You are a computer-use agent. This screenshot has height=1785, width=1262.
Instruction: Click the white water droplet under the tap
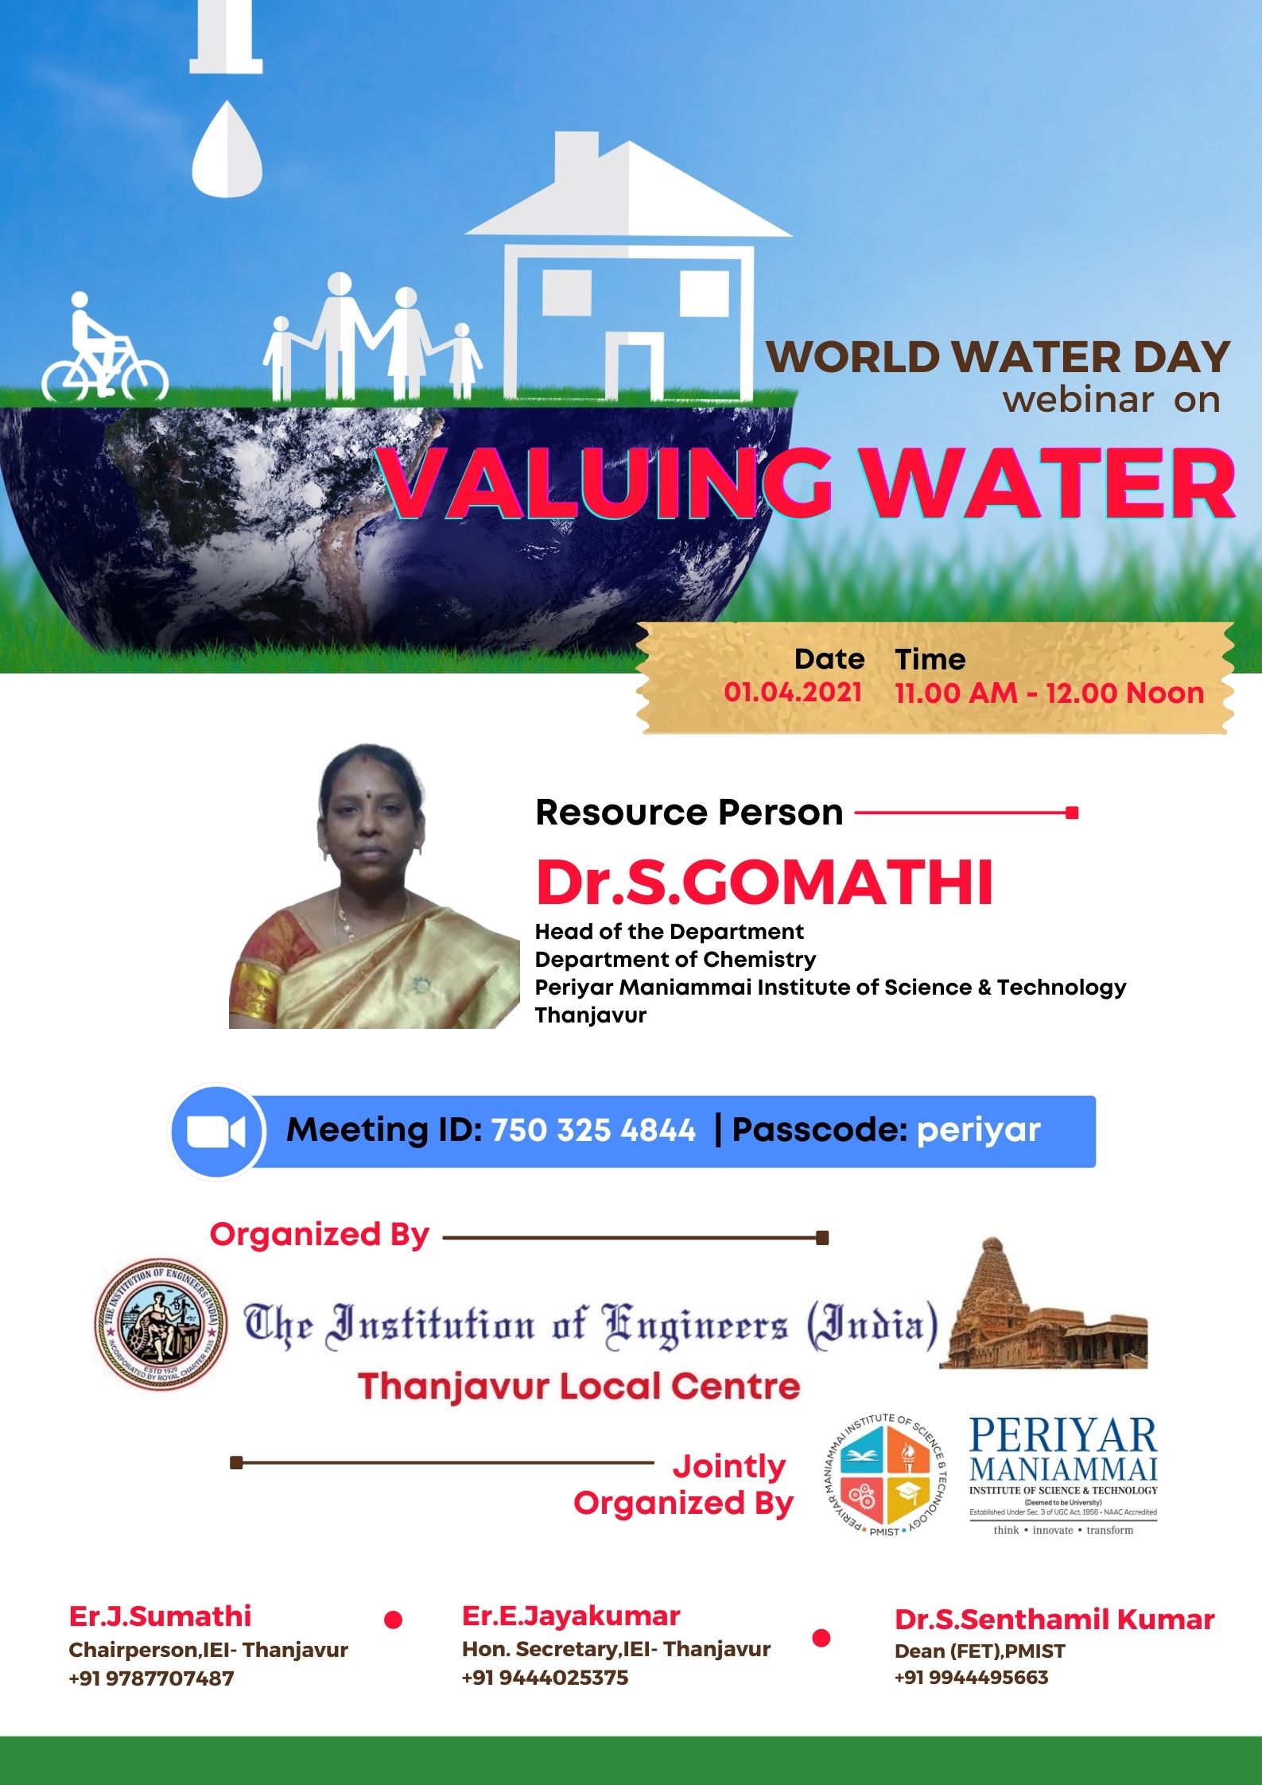coord(227,149)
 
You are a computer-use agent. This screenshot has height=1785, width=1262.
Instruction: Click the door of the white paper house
coord(634,365)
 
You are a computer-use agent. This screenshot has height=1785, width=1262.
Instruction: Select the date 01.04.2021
coord(793,692)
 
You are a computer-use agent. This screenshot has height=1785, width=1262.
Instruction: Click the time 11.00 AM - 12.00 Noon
coord(1049,693)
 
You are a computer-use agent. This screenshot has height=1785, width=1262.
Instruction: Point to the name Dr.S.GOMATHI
coord(764,883)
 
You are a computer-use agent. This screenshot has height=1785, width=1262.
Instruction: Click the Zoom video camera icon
coord(216,1131)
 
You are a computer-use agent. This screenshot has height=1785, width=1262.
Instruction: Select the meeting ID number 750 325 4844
coord(593,1130)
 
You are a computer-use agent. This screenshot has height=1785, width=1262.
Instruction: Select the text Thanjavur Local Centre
coord(579,1387)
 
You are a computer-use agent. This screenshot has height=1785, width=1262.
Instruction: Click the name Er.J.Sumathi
coord(160,1616)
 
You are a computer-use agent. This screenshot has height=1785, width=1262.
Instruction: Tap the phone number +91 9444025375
coord(545,1678)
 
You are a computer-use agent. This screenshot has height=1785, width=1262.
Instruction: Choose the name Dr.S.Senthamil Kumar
coord(1054,1620)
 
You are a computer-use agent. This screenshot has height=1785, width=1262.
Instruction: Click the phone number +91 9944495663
coord(971,1677)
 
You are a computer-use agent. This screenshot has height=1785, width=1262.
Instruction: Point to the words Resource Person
coord(689,813)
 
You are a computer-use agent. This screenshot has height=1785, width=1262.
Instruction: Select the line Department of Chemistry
coord(675,960)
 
